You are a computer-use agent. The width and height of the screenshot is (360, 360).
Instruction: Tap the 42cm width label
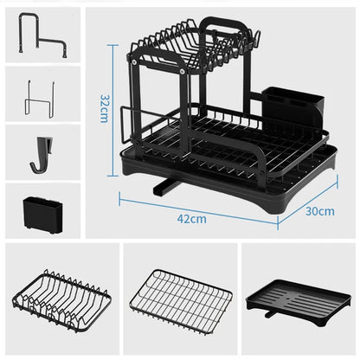click(197, 218)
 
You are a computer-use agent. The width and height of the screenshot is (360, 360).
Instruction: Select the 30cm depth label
click(319, 210)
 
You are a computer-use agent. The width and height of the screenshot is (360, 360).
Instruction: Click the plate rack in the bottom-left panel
click(57, 303)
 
